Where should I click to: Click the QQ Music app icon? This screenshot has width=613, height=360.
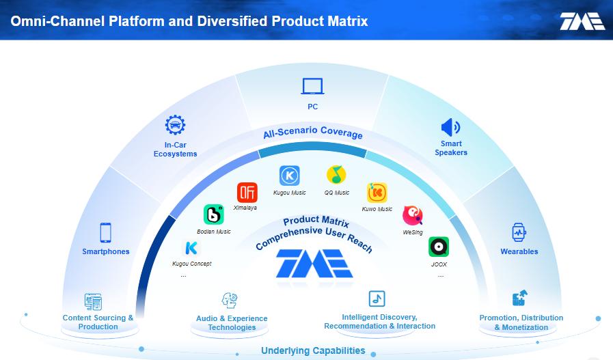tap(336, 174)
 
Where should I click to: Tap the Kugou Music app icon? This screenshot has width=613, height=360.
tap(290, 176)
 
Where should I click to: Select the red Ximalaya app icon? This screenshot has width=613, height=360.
tap(247, 193)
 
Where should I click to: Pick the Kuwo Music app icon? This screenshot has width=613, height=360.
tap(377, 193)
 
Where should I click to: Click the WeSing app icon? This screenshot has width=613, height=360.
tap(413, 215)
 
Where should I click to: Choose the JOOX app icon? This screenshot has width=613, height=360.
tap(439, 247)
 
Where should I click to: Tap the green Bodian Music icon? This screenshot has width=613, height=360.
tap(213, 214)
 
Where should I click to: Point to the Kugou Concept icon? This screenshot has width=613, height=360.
tap(191, 248)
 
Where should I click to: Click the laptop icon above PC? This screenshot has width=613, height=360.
tap(312, 86)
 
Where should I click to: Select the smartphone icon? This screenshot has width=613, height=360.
tap(105, 232)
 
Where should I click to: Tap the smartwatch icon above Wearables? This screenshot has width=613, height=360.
tap(519, 233)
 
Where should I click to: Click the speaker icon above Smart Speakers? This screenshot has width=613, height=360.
tap(450, 128)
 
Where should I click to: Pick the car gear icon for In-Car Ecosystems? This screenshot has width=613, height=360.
tap(175, 125)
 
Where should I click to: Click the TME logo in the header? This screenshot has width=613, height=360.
tap(582, 21)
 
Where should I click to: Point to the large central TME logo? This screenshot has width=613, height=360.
tap(315, 264)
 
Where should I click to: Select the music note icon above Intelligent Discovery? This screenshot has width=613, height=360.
tap(377, 299)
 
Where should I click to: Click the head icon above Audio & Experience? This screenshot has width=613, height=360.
tap(230, 300)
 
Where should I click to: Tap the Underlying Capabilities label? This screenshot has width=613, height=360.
tap(313, 350)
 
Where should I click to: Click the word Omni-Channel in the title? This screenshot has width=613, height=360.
tap(58, 21)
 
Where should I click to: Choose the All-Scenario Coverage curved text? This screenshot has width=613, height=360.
tap(313, 132)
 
